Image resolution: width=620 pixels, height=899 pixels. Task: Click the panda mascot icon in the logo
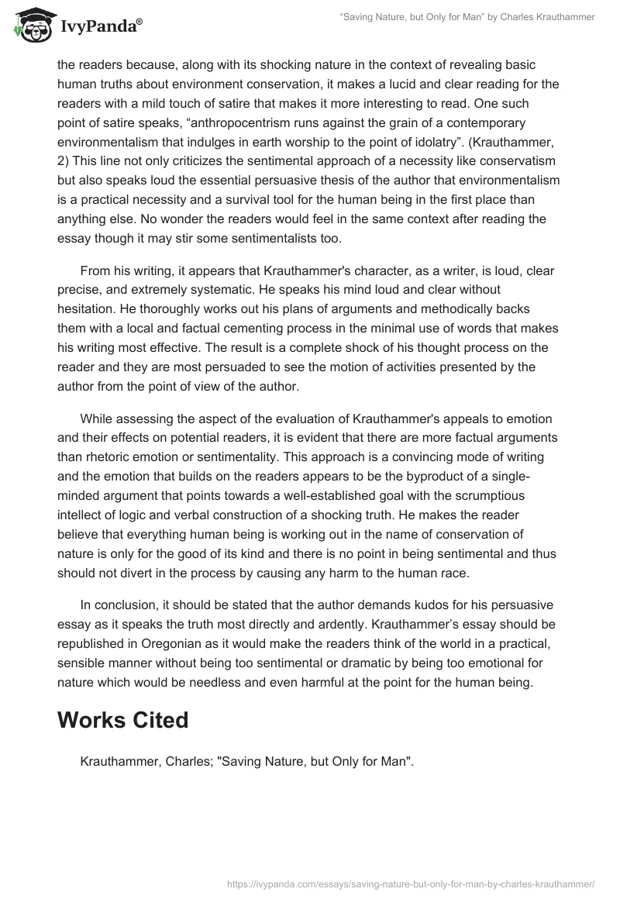coord(29,25)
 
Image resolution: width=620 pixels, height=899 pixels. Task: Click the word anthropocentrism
coord(267,123)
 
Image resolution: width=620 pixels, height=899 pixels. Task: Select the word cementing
coord(262,329)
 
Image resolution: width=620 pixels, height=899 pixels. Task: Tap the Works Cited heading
coord(123,720)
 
